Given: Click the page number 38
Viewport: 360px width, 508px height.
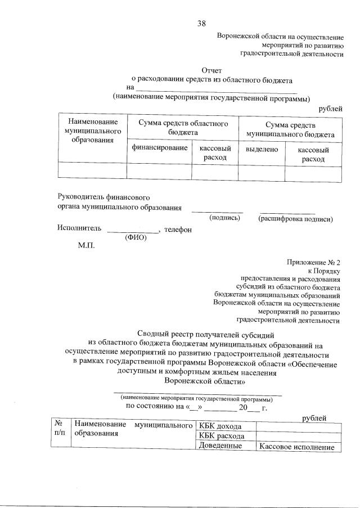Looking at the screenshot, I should point(201,23).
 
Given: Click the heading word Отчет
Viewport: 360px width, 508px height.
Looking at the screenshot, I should point(211,71).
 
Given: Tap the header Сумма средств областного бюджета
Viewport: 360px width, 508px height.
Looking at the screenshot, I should point(183,126).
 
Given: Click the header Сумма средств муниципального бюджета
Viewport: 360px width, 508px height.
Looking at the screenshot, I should point(290,129).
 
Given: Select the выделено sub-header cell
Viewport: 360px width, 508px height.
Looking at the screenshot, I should point(262,150).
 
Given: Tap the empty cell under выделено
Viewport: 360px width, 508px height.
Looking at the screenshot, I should point(262,172).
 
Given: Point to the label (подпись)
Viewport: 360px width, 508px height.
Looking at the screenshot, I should point(225,218).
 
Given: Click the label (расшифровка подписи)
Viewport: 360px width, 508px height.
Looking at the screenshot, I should point(295,219).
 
